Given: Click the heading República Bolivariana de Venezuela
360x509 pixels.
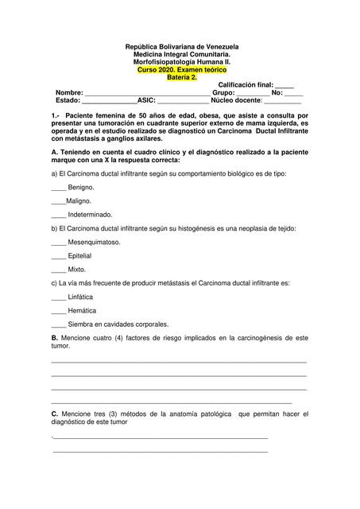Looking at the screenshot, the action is pos(182,48).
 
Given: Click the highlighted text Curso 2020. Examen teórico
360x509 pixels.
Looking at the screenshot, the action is pos(182,70).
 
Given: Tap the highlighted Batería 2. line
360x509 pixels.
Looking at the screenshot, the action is pos(182,77).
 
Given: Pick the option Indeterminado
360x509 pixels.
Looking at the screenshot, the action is pos(90,215).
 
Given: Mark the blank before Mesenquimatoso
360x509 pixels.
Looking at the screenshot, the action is pos(58,242).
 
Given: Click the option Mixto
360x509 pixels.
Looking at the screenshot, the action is pos(77,270).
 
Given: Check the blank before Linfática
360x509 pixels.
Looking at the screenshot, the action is pos(58,297).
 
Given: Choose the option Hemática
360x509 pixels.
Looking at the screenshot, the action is pos(81,311).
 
